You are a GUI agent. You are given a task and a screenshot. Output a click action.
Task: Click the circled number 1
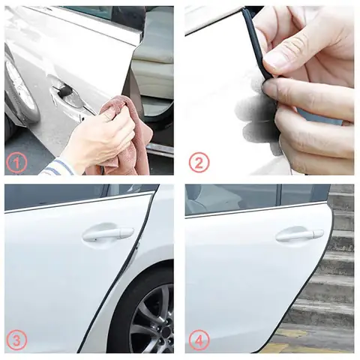(x=17, y=162)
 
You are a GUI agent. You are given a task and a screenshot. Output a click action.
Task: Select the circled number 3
(x=17, y=340)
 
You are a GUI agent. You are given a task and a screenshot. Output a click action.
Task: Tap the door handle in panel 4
(x=298, y=235)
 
